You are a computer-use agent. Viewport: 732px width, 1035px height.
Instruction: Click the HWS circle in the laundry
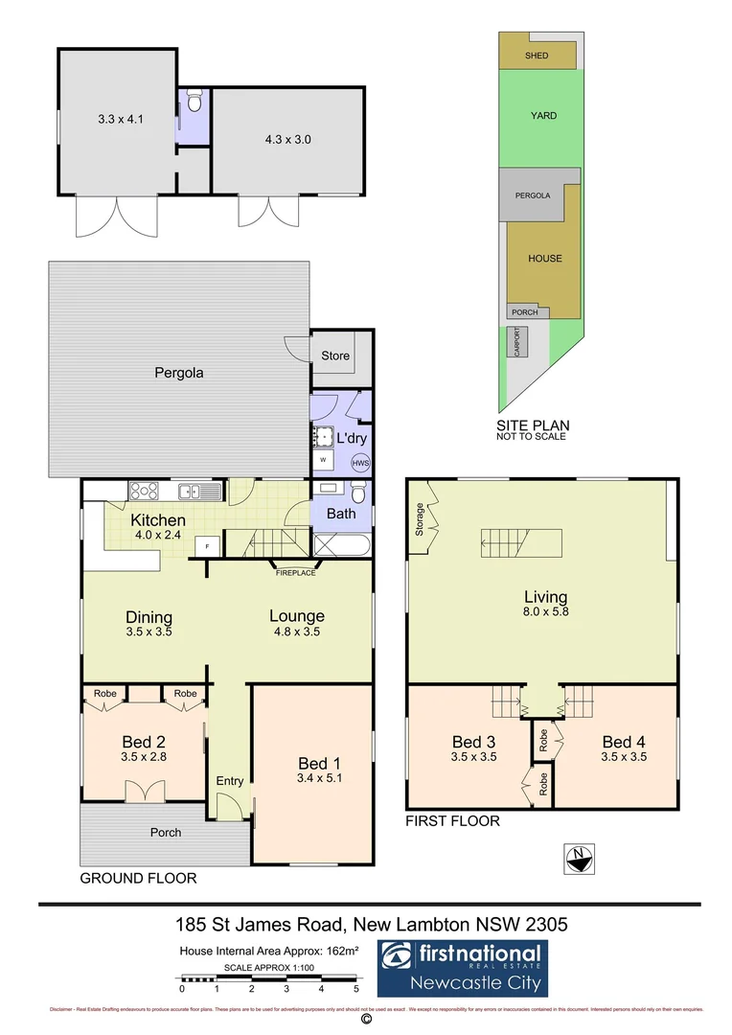[x=360, y=463]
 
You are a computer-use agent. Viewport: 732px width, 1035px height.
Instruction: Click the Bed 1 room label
[x=312, y=763]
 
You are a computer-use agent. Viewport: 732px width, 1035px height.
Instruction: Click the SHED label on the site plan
[x=537, y=56]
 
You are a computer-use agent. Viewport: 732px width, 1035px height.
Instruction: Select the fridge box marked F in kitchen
[x=206, y=546]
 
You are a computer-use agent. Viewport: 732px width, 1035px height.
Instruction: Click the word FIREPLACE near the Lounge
[x=295, y=573]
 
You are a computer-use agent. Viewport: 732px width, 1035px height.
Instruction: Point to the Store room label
[x=334, y=356]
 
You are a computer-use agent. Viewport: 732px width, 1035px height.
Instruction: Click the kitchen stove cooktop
[x=144, y=491]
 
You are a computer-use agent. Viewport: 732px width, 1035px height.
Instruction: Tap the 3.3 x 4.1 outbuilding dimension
[x=117, y=120]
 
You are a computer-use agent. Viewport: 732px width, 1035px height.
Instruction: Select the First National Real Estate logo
[x=461, y=968]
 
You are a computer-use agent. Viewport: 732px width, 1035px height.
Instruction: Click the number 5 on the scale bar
[x=356, y=988]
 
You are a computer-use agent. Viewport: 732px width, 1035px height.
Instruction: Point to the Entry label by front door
[x=229, y=781]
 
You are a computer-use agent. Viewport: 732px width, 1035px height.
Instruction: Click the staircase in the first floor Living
[x=519, y=543]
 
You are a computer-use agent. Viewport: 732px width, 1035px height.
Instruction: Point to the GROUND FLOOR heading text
[x=138, y=878]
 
